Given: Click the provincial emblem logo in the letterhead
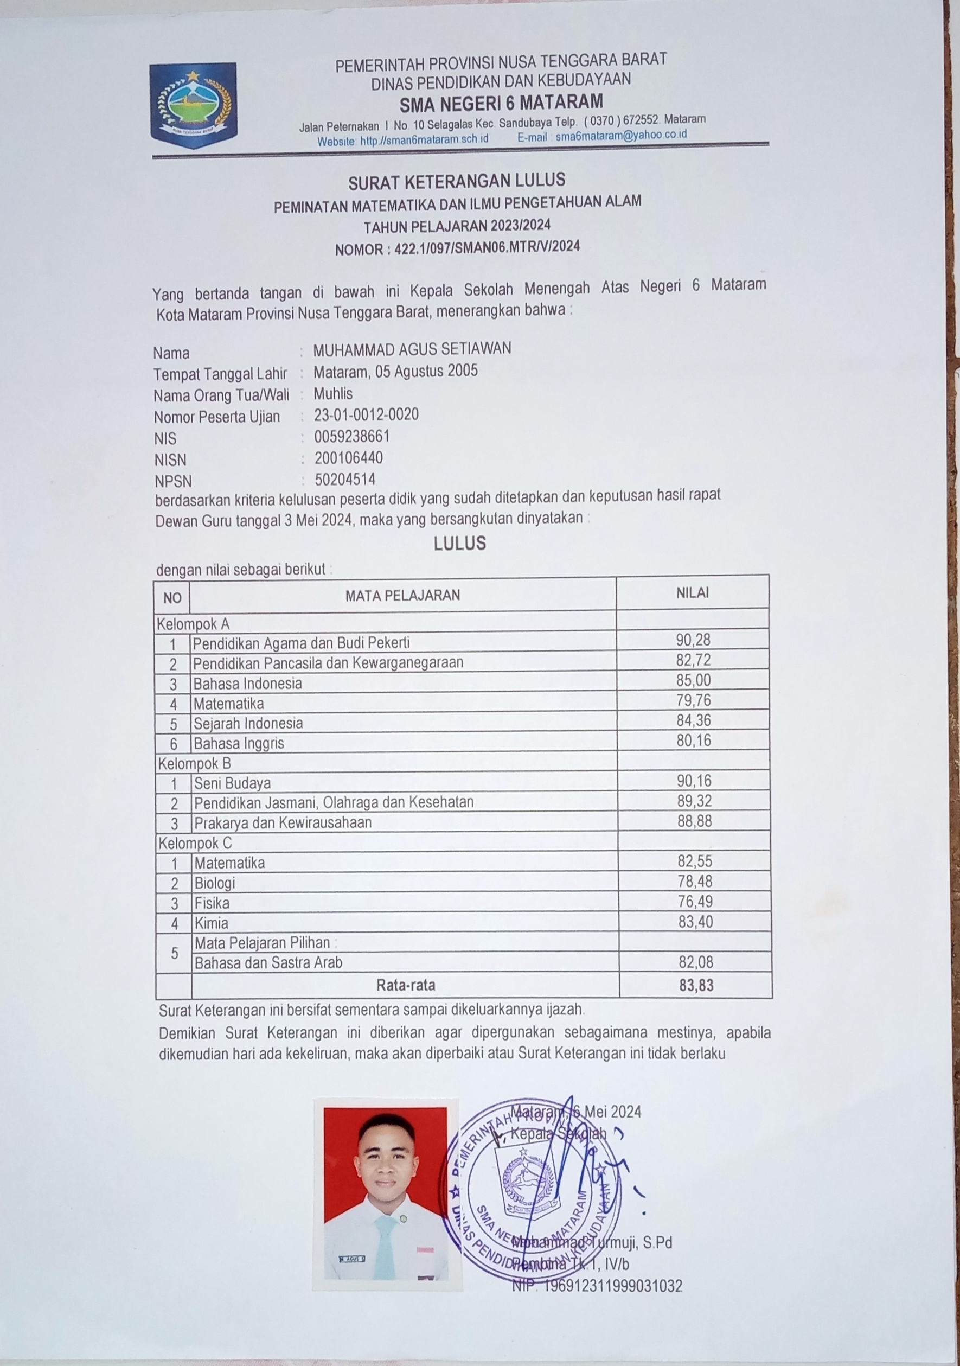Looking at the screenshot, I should click(193, 105).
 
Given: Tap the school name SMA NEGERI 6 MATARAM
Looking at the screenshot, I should click(501, 103).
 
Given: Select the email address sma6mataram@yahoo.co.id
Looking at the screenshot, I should click(621, 135).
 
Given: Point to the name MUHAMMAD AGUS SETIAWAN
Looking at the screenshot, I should click(412, 349).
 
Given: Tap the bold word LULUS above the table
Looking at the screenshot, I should click(460, 543).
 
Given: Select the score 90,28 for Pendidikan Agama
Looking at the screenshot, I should click(694, 640).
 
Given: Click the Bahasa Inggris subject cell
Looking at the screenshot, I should click(239, 743).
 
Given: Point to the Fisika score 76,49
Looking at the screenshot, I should click(695, 901).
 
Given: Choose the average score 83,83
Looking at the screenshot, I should click(696, 985).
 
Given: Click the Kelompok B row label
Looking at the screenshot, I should click(195, 763).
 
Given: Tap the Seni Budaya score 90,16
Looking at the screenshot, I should click(694, 781).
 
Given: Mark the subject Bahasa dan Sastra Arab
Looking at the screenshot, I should click(268, 962).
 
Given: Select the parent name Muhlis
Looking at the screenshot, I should click(333, 393).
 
